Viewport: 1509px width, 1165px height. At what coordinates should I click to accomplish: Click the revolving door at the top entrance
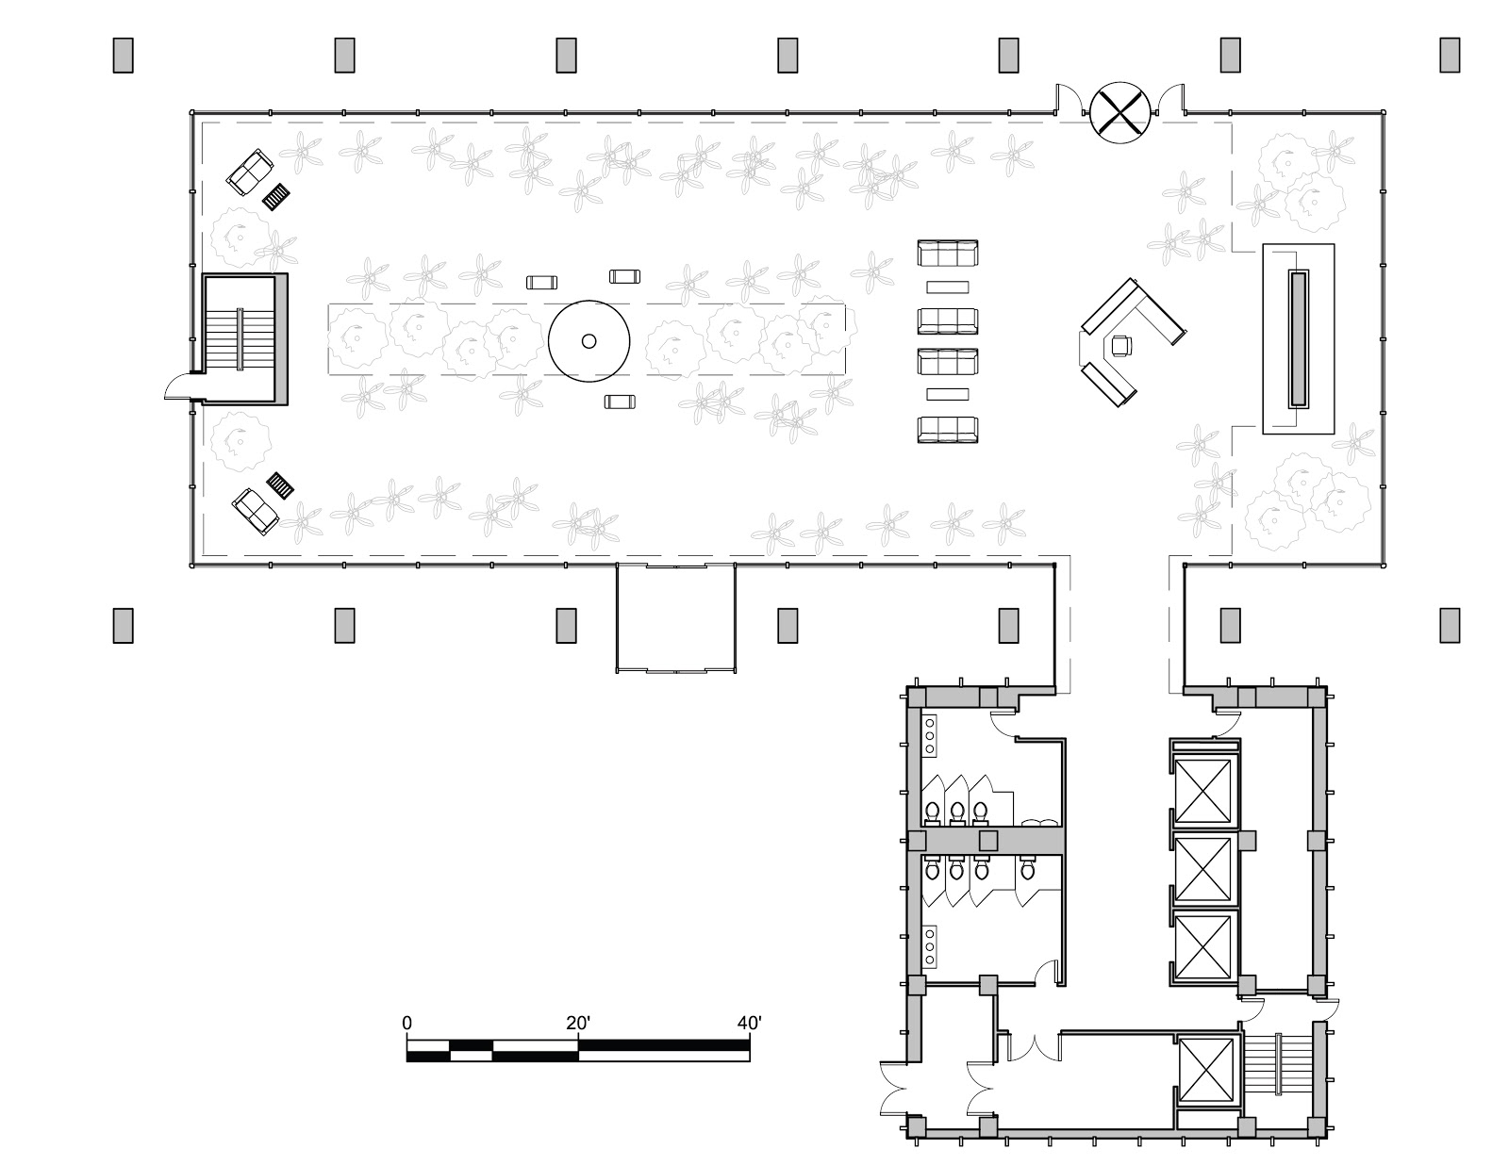click(x=1119, y=112)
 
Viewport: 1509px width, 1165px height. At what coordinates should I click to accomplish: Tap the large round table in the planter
click(x=589, y=341)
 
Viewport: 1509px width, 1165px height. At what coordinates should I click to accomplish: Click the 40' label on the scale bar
click(x=749, y=1023)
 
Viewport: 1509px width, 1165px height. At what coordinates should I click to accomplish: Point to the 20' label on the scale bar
click(x=577, y=1023)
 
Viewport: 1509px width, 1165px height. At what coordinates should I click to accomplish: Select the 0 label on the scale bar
click(x=407, y=1023)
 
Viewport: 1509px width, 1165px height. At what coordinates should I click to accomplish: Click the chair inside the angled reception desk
click(x=1121, y=346)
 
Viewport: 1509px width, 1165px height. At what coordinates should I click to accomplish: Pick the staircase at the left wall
click(x=240, y=338)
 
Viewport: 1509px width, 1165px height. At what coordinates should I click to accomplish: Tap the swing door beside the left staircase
click(x=179, y=387)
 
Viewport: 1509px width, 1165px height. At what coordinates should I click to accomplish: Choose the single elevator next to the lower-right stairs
click(x=1206, y=1074)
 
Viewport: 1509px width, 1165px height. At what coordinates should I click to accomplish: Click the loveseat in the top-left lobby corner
click(x=249, y=172)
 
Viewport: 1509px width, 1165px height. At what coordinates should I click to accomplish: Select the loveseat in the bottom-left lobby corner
click(x=256, y=510)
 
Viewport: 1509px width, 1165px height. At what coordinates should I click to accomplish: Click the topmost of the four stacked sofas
click(x=948, y=254)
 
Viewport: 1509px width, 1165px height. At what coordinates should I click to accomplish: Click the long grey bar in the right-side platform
click(x=1299, y=338)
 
